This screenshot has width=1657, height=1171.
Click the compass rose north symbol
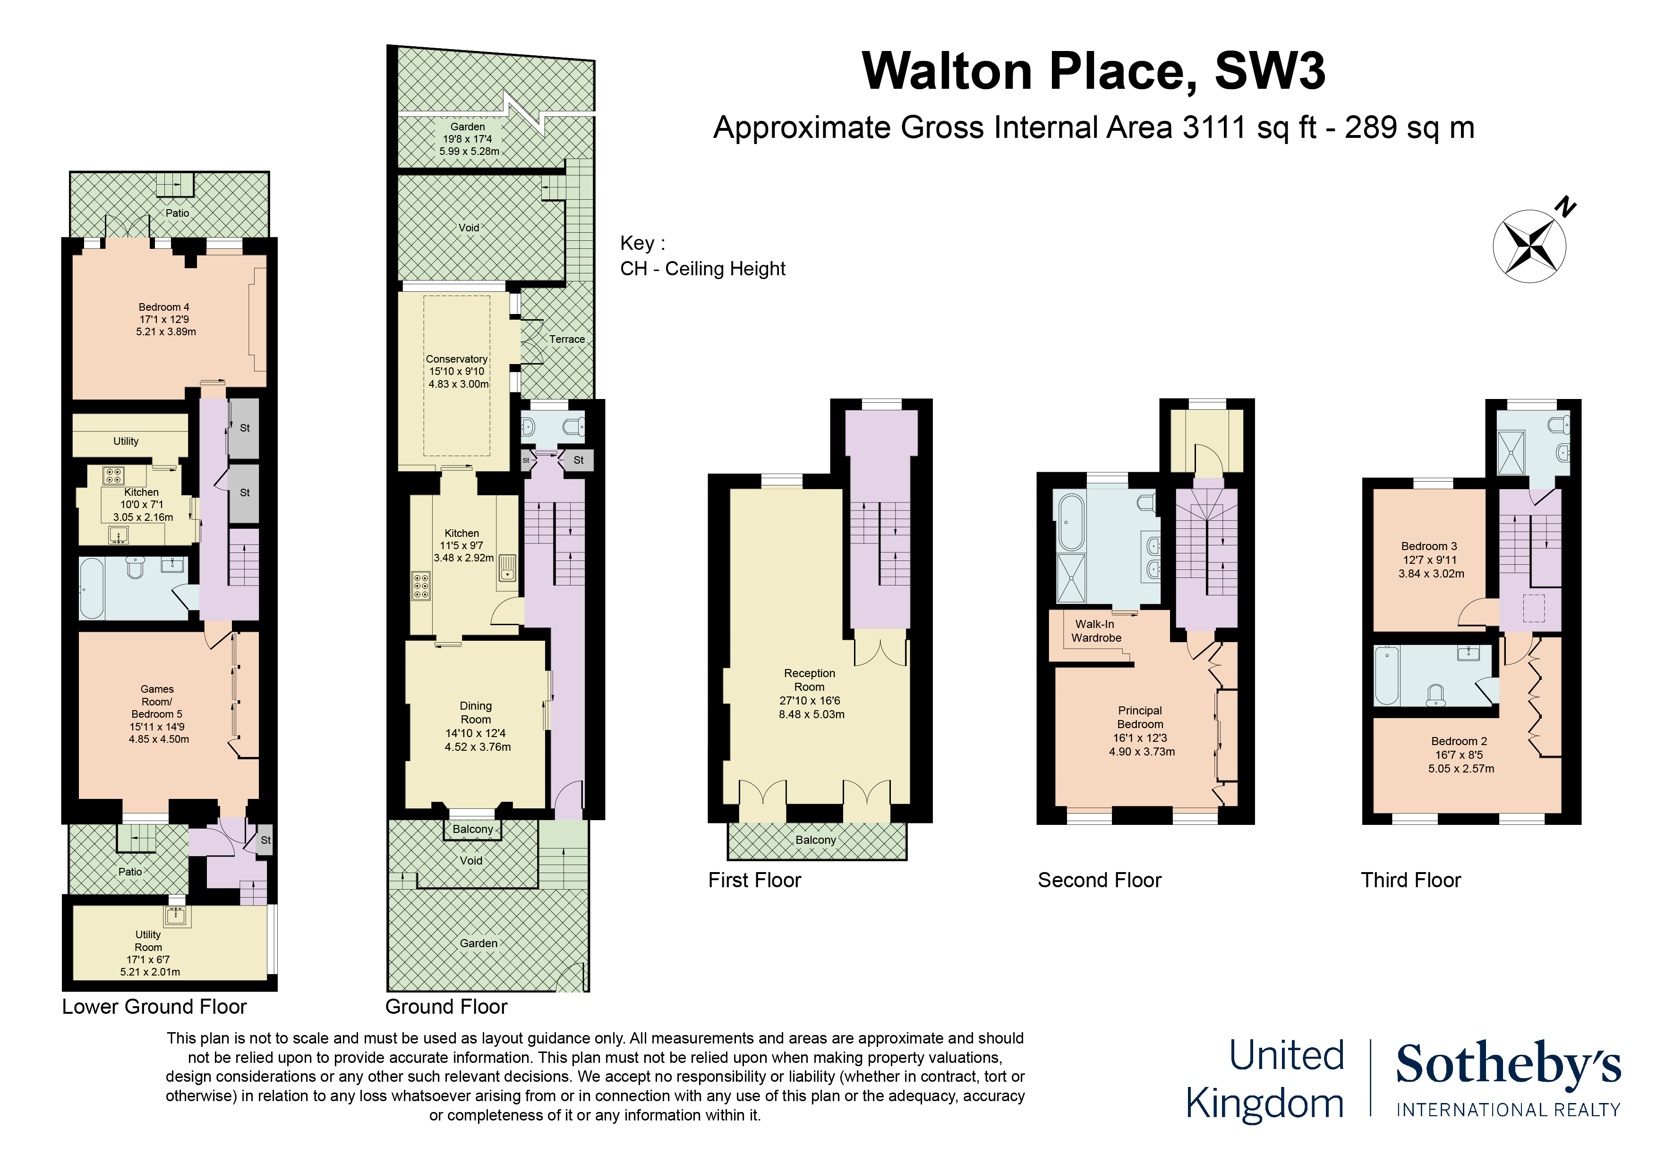click(1530, 246)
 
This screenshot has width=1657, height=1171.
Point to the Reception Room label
click(810, 679)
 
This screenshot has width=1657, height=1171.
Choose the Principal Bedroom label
click(1140, 717)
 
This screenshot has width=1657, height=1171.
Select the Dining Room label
click(476, 712)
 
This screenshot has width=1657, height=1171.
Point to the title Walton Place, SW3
click(1093, 71)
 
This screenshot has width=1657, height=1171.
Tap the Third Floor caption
click(1411, 880)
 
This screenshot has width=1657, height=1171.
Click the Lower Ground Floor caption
click(154, 1007)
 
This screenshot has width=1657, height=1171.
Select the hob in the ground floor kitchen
click(421, 586)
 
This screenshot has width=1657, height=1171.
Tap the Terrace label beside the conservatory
click(567, 339)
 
